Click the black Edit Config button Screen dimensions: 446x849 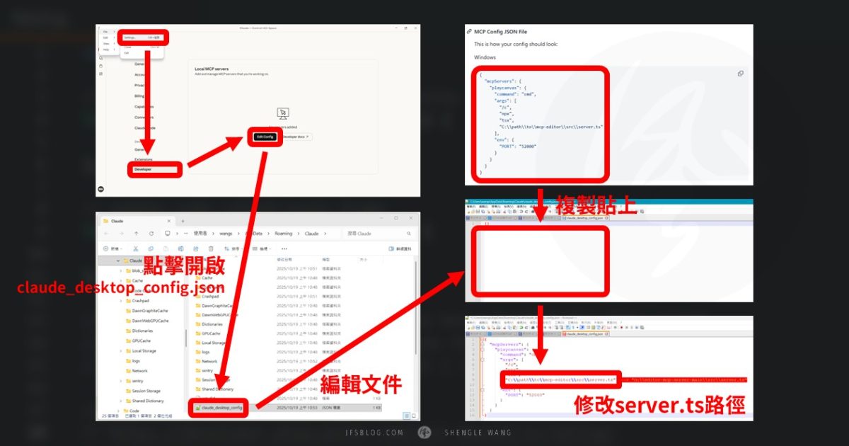click(265, 136)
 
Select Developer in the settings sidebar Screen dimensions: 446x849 click(143, 169)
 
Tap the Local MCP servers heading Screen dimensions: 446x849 click(212, 69)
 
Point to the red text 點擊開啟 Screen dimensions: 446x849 click(185, 265)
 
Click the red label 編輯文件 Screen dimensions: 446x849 click(362, 384)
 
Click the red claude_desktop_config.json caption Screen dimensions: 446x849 click(120, 287)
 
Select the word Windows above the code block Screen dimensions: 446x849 click(485, 57)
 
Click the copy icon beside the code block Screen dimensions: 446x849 click(740, 74)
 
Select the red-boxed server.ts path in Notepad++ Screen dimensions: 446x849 click(560, 379)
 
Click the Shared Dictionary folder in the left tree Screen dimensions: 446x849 click(147, 401)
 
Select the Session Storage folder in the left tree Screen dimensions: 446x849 click(146, 391)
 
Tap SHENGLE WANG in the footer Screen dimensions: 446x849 click(478, 433)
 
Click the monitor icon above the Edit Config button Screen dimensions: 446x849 click(283, 113)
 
